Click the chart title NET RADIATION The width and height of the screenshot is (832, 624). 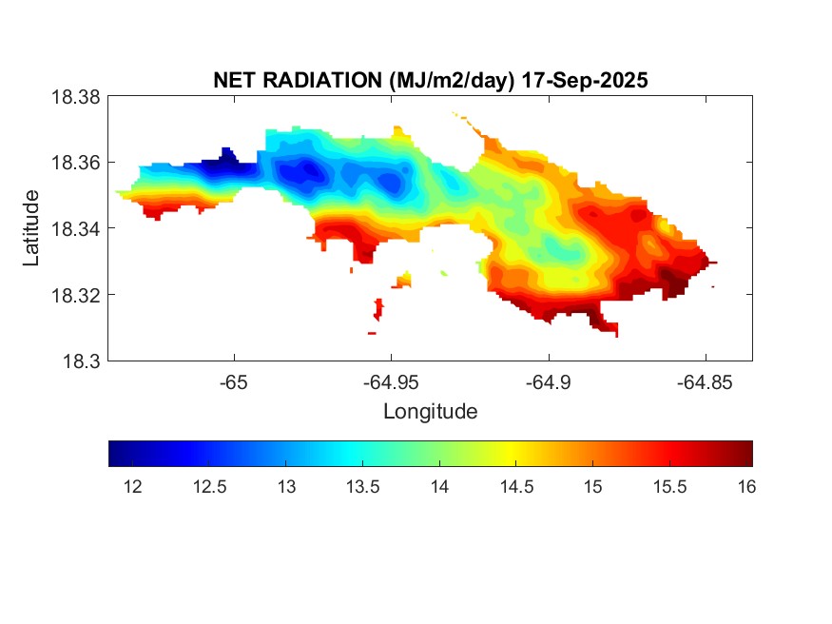coord(300,81)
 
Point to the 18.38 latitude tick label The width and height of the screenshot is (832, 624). coord(75,97)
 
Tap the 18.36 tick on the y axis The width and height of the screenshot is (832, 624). coord(75,163)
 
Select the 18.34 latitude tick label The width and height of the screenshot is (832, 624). coord(75,229)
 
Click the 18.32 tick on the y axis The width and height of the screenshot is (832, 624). coord(75,295)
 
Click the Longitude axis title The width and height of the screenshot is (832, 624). coord(430,412)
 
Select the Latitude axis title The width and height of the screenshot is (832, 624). coord(32,228)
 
